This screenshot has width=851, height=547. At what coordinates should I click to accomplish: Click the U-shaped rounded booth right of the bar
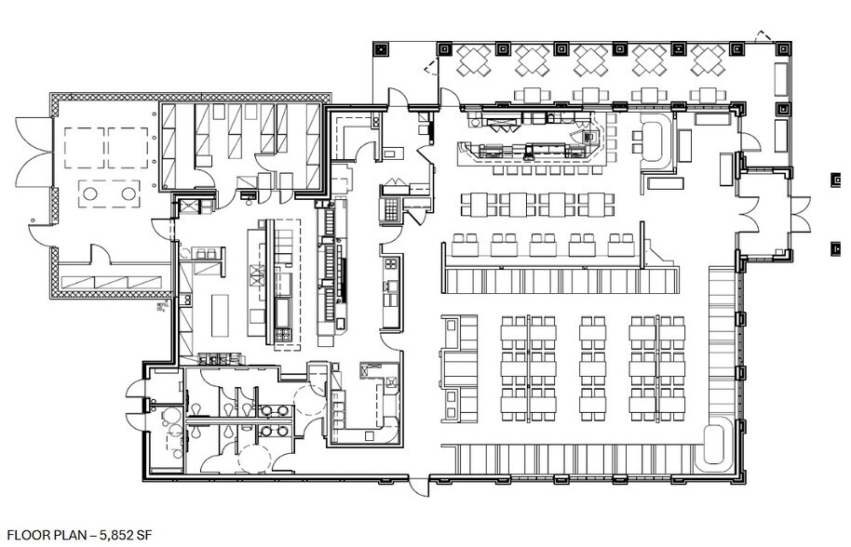coord(655,142)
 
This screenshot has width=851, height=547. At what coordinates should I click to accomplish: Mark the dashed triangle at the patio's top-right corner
coord(764,37)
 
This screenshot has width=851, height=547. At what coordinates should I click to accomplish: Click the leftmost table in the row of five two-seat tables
coord(465,245)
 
